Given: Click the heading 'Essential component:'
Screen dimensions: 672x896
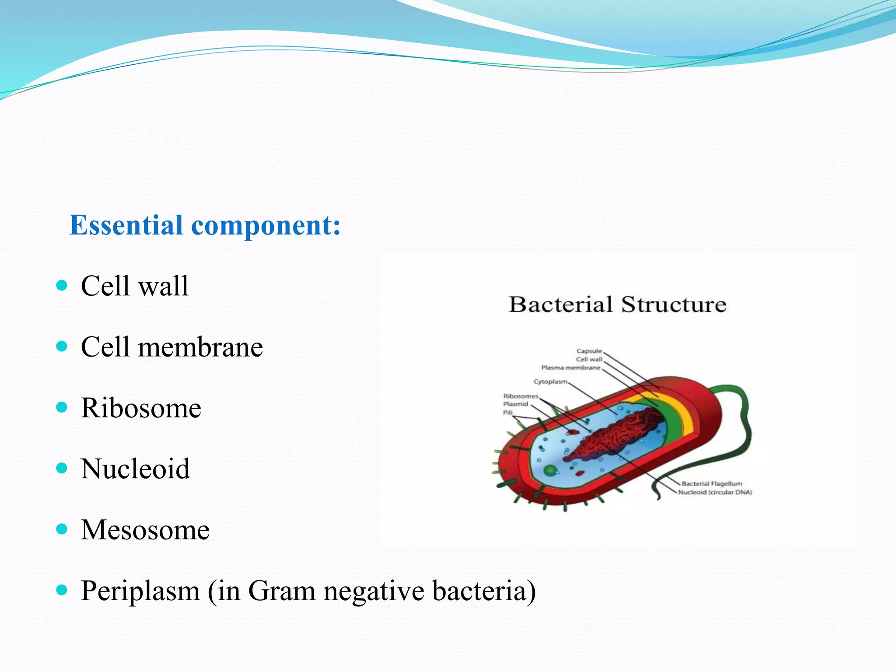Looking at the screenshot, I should tap(205, 226).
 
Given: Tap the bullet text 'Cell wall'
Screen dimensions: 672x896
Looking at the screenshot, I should tap(134, 286).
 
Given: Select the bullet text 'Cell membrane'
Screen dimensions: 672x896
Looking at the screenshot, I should tap(171, 347).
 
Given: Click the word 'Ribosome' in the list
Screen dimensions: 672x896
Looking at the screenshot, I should tap(141, 408).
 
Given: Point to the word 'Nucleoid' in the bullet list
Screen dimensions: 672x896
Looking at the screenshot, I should tap(135, 469).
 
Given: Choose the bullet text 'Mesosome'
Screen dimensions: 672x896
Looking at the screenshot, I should tap(145, 530).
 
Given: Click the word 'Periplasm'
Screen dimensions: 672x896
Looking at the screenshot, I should tap(140, 591).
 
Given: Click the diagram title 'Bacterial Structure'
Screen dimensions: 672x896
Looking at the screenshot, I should tap(617, 304).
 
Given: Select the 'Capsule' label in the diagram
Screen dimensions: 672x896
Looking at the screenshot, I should tap(589, 351).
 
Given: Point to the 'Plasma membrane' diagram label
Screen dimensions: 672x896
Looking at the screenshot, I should tap(570, 367).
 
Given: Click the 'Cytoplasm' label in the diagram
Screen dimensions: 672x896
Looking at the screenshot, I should tap(550, 381).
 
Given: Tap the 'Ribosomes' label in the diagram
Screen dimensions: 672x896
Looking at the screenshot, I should tap(520, 396).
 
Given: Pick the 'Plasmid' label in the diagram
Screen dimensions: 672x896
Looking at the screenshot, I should tap(515, 404).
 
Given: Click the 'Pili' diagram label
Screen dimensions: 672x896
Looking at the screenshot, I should tap(507, 412).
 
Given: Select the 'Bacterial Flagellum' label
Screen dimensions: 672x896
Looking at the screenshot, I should tap(711, 483).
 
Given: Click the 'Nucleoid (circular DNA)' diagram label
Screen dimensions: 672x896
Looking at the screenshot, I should tap(715, 492).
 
